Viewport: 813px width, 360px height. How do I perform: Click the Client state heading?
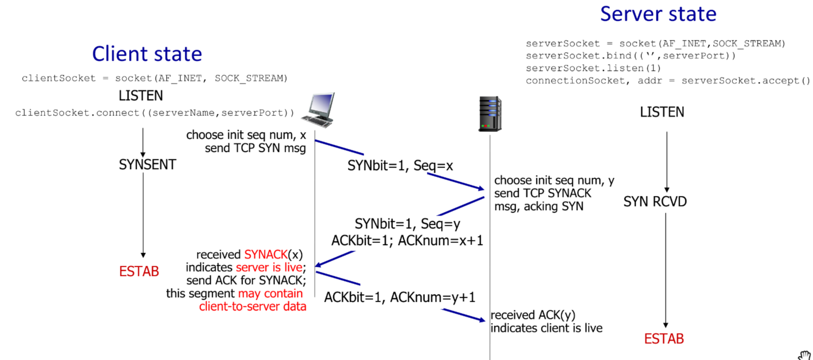(x=147, y=54)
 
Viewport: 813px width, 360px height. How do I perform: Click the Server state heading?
(x=658, y=14)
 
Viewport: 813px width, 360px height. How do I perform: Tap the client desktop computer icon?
(x=320, y=109)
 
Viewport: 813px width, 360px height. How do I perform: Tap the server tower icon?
(x=490, y=114)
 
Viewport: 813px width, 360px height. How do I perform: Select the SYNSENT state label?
(x=147, y=165)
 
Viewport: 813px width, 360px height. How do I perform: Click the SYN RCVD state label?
(x=655, y=202)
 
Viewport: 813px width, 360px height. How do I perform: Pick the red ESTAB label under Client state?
(x=139, y=271)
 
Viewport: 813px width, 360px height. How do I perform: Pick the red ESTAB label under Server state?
(x=664, y=339)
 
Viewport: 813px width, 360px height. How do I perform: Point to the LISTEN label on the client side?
(x=141, y=96)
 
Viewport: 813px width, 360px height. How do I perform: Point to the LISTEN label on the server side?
(x=662, y=112)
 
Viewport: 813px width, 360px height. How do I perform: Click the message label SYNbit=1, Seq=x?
(x=400, y=166)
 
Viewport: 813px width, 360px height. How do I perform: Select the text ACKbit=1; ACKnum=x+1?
(x=407, y=241)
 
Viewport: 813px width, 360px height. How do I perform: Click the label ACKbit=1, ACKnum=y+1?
(x=400, y=297)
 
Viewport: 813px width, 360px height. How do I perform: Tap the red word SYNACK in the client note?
(x=265, y=254)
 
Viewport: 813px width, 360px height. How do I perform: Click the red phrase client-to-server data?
(x=252, y=306)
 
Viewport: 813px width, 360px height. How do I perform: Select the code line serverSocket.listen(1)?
(x=593, y=68)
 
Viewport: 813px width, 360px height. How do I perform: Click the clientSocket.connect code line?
(x=154, y=113)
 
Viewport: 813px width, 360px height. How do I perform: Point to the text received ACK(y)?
(x=533, y=315)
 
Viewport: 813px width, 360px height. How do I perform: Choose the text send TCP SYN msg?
(x=255, y=148)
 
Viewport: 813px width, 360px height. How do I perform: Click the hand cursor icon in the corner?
(x=804, y=355)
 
